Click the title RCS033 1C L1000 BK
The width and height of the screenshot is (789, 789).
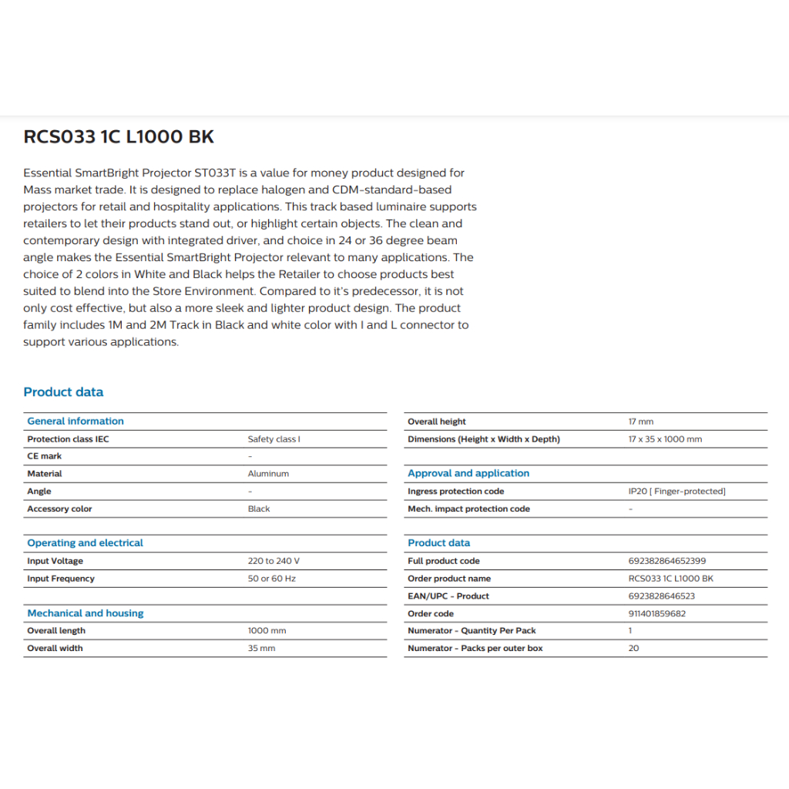click(x=119, y=137)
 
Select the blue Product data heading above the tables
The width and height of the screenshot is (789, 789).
click(x=63, y=392)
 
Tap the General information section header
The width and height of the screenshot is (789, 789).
click(x=76, y=421)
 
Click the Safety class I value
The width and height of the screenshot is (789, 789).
click(x=274, y=439)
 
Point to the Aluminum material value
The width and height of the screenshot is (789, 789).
click(x=268, y=474)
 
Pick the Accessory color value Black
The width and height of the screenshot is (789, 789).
click(x=259, y=509)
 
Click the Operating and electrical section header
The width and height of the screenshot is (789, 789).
click(x=85, y=543)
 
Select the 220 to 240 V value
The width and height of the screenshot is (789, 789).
click(x=274, y=561)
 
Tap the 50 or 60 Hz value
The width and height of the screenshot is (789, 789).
click(x=271, y=579)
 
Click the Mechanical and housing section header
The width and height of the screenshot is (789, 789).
click(x=86, y=613)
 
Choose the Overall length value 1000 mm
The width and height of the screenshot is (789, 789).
click(x=267, y=631)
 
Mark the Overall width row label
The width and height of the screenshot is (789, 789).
click(x=55, y=649)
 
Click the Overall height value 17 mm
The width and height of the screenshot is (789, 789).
click(x=640, y=422)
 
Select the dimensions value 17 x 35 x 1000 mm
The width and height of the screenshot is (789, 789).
click(x=665, y=439)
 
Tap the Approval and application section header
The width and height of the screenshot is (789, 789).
click(x=468, y=474)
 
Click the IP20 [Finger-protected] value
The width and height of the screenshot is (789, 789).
click(x=677, y=492)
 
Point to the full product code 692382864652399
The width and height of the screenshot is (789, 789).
click(x=666, y=561)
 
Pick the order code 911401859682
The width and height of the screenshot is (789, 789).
click(x=656, y=614)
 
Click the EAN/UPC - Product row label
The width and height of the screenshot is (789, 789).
click(x=448, y=596)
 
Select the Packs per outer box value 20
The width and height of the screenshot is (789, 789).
click(x=633, y=649)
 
